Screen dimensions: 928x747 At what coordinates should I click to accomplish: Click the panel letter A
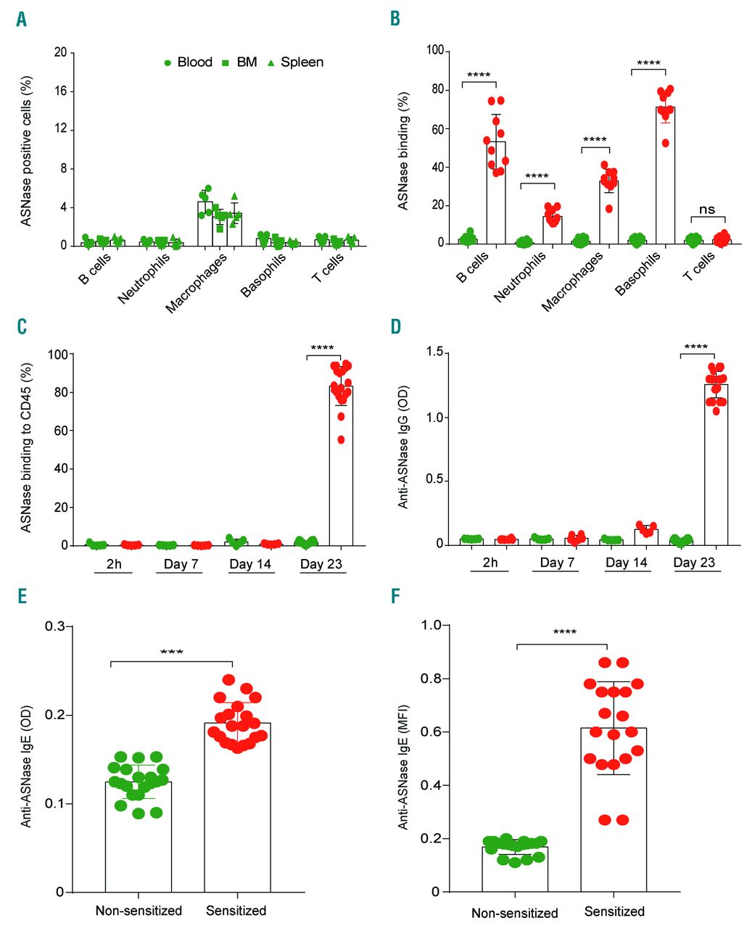(x=22, y=20)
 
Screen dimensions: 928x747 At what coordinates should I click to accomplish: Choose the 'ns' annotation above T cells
(x=706, y=210)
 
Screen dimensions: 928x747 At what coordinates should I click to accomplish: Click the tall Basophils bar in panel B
(x=665, y=175)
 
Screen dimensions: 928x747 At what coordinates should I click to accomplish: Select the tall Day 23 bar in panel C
(x=341, y=465)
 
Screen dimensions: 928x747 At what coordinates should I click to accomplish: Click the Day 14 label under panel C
(x=250, y=564)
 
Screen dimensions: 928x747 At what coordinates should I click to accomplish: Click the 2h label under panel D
(x=490, y=563)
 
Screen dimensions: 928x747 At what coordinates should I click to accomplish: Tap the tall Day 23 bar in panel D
(x=716, y=464)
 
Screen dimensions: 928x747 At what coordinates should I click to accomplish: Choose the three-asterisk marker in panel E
(x=171, y=652)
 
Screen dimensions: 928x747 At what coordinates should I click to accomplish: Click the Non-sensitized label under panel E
(x=139, y=911)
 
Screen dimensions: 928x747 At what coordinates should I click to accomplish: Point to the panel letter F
(x=395, y=596)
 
